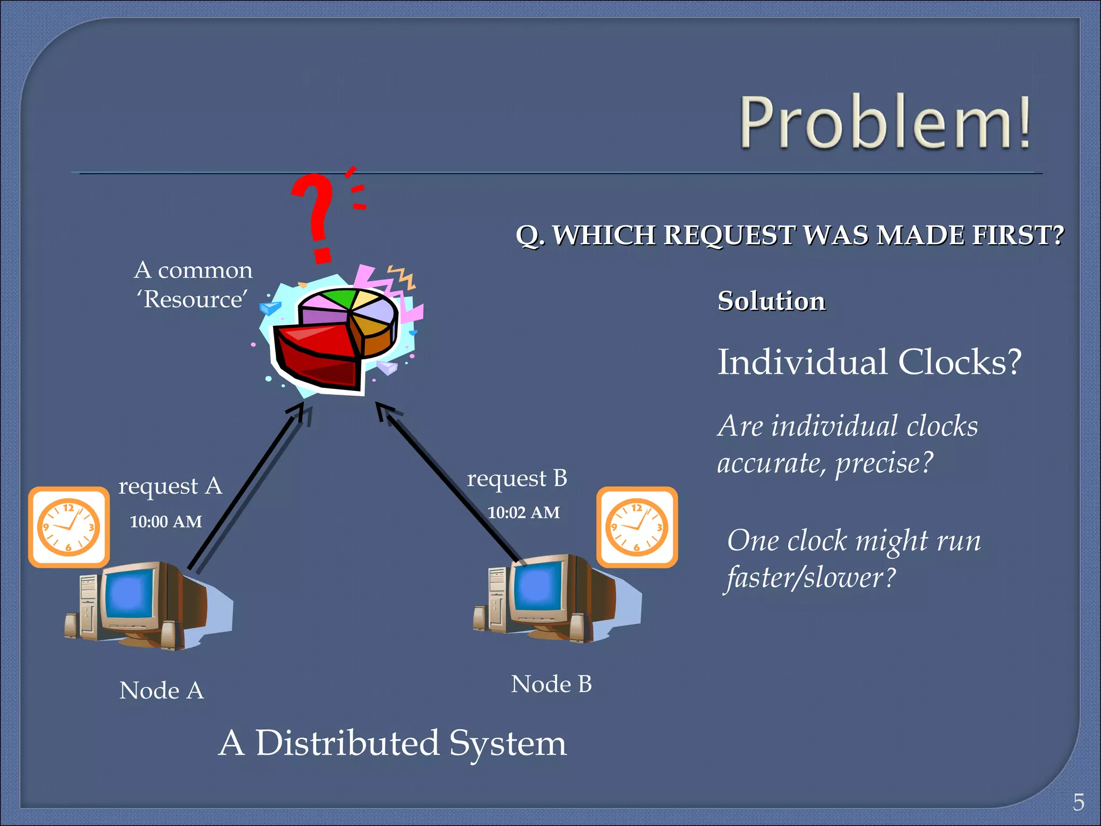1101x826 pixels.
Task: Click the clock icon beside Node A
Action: pyautogui.click(x=69, y=527)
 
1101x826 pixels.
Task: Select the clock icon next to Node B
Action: pyautogui.click(x=637, y=527)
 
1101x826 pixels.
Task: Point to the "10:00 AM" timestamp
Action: pyautogui.click(x=166, y=522)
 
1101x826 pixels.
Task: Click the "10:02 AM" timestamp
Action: pyautogui.click(x=524, y=512)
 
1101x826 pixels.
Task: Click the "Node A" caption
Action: pyautogui.click(x=161, y=690)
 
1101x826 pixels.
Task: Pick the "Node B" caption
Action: pyautogui.click(x=551, y=684)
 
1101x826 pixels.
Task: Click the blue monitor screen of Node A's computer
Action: pyautogui.click(x=129, y=594)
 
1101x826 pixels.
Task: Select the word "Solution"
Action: pyautogui.click(x=771, y=301)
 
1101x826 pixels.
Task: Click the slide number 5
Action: pyautogui.click(x=1078, y=802)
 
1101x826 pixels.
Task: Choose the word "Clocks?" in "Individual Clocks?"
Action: pyautogui.click(x=960, y=362)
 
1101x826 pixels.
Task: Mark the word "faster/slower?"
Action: pyautogui.click(x=811, y=578)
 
